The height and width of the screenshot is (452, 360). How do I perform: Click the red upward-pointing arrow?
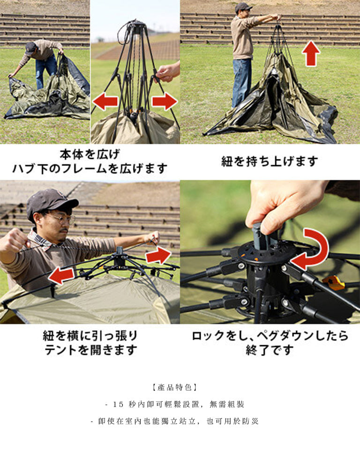[311, 53]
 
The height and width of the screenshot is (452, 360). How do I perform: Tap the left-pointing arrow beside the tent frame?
[105, 102]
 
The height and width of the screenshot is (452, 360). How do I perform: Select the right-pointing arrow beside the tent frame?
[165, 101]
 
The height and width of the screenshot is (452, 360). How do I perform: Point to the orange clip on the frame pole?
[334, 282]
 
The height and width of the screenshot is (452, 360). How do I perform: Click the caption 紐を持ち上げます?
[270, 161]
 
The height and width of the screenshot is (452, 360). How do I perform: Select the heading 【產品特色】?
[175, 387]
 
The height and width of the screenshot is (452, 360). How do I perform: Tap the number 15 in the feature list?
[118, 405]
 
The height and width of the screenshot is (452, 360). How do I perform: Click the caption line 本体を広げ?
[90, 154]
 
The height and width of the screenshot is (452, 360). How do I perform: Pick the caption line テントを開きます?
[90, 350]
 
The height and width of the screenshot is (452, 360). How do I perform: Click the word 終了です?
[270, 350]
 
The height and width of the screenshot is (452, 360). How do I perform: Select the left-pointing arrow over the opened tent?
[61, 275]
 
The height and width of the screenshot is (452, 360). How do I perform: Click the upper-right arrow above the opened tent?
[159, 255]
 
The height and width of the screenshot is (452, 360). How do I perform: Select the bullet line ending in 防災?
[175, 421]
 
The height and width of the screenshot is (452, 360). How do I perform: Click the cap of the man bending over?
[30, 48]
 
